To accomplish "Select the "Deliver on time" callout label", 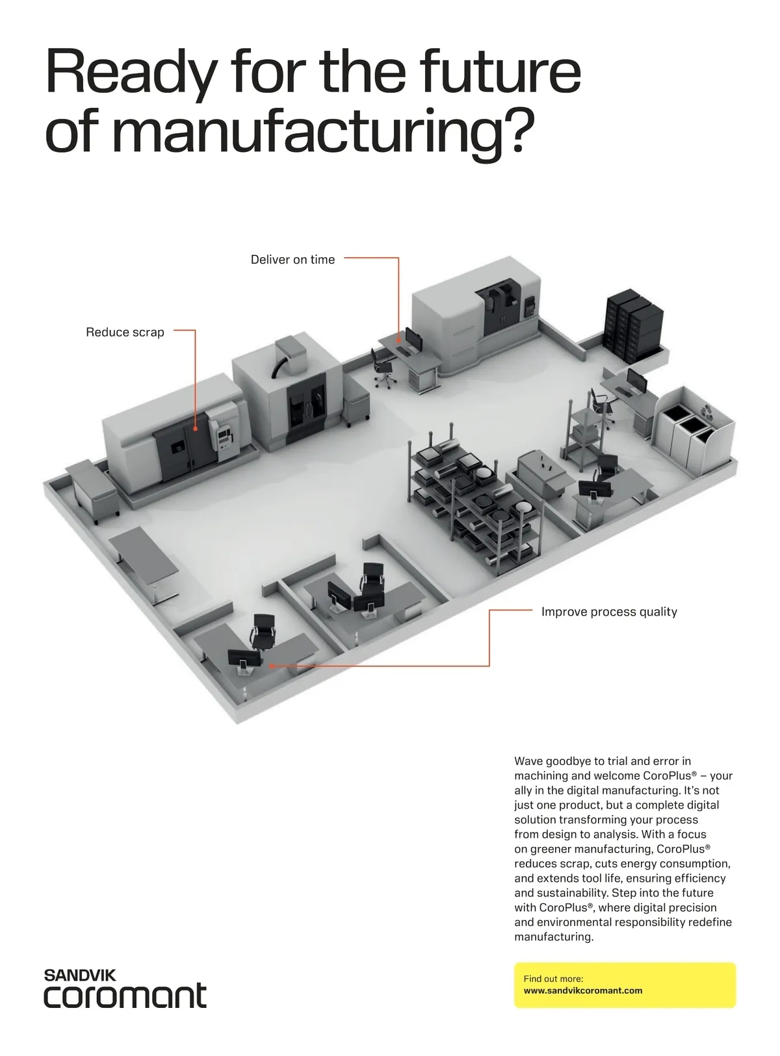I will pos(292,260).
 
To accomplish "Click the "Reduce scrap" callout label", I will pos(125,333).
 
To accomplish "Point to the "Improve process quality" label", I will pos(609,612).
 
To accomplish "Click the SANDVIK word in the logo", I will pos(80,975).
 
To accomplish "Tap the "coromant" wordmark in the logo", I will pos(125,996).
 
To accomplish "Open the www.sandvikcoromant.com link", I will pos(582,991).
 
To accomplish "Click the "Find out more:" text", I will pos(553,979).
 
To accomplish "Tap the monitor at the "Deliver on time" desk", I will pos(412,338).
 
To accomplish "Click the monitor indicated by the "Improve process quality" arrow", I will pos(244,659).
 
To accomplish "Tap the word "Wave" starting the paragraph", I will pos(528,761).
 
